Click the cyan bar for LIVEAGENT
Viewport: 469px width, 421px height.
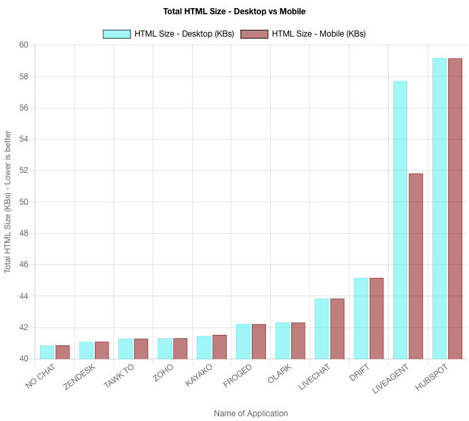(x=400, y=220)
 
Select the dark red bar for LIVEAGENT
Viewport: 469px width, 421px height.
(x=416, y=266)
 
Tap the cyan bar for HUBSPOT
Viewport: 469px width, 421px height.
(x=439, y=208)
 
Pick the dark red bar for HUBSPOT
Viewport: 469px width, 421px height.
(x=455, y=208)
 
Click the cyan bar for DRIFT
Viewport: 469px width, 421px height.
(x=361, y=318)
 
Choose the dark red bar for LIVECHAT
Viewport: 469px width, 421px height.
(x=337, y=328)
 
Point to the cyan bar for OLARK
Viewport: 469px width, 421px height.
(x=282, y=340)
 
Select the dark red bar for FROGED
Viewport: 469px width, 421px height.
(x=259, y=341)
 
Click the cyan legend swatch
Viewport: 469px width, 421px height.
(x=117, y=34)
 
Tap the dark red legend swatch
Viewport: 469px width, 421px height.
(x=255, y=34)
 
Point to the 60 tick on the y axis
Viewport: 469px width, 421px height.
(x=24, y=45)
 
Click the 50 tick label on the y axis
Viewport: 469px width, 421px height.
(x=24, y=202)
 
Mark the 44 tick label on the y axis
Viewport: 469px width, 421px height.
(x=24, y=296)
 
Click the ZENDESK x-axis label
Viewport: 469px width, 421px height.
(x=79, y=377)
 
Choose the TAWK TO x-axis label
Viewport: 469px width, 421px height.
(x=119, y=376)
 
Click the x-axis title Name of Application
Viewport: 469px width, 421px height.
(x=251, y=414)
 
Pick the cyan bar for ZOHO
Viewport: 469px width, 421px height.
(x=165, y=348)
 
